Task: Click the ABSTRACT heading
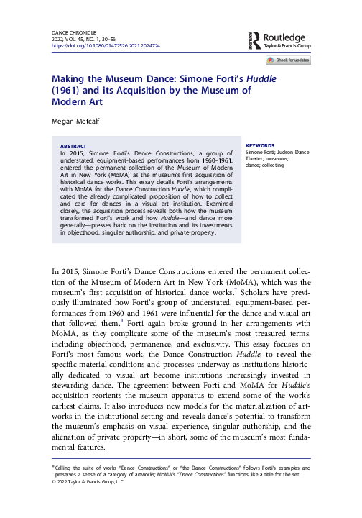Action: [x=74, y=145]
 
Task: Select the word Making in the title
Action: [x=70, y=78]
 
